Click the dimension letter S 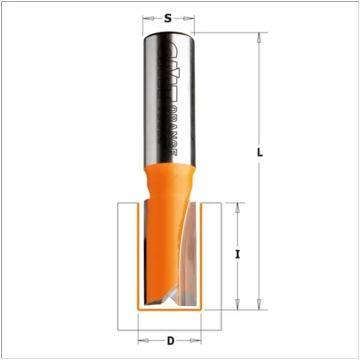tap(168, 18)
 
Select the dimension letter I tap(238, 254)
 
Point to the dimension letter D tap(170, 341)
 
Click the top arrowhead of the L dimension tap(259, 37)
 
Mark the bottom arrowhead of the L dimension tap(259, 305)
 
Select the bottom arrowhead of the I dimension tap(238, 305)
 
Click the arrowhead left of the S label tap(146, 19)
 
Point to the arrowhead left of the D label tap(142, 341)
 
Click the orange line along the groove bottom tap(170, 310)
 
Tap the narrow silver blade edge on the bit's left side tap(145, 252)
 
